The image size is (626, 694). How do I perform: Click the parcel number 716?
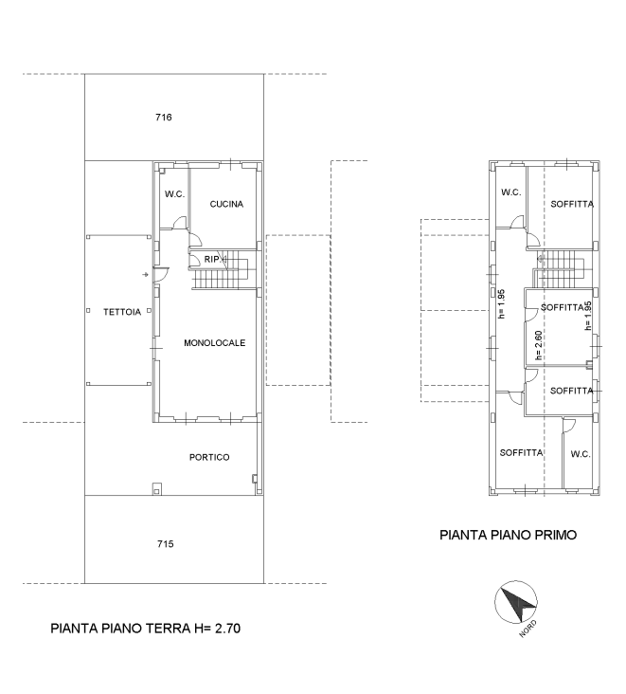(164, 118)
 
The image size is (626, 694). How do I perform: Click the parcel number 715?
(166, 544)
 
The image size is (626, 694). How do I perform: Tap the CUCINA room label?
(226, 204)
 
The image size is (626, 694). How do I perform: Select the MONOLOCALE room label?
(214, 343)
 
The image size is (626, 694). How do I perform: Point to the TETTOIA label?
(122, 312)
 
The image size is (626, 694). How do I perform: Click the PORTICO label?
(209, 457)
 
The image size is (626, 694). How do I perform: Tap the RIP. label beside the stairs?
(212, 260)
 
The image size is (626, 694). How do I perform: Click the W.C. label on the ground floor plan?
(174, 193)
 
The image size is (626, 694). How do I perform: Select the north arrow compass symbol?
(515, 602)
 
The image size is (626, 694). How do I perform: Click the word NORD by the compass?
(528, 629)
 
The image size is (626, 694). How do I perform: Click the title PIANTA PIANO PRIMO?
(508, 535)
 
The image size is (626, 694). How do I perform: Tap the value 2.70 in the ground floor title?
(227, 629)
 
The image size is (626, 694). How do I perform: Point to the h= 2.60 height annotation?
(538, 346)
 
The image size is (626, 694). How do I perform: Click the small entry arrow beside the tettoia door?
(145, 275)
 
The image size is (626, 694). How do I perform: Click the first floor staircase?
(559, 269)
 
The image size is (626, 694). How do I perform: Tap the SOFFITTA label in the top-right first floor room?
(572, 204)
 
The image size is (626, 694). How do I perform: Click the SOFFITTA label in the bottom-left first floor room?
(521, 453)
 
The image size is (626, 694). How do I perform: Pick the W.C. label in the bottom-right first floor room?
(581, 454)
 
